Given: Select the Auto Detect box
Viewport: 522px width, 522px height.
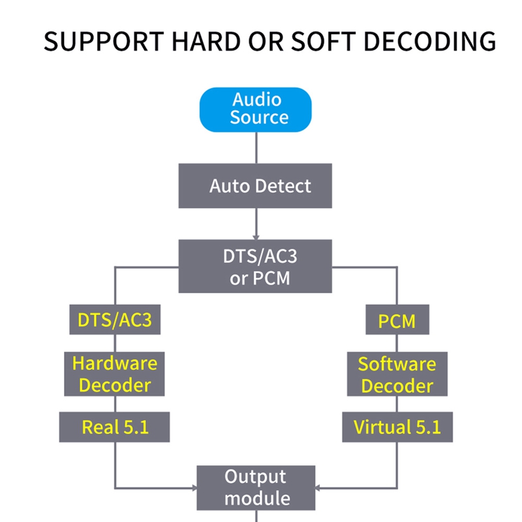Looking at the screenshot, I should click(256, 186).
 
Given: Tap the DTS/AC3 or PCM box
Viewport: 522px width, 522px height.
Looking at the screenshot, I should click(256, 266).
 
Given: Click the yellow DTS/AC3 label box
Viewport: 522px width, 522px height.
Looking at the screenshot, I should click(115, 320).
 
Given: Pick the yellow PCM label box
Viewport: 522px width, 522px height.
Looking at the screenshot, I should click(397, 320).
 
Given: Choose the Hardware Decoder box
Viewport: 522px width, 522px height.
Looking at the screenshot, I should click(114, 374).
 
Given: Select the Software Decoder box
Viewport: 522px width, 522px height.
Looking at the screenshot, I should click(397, 374).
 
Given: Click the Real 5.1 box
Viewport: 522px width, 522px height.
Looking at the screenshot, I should click(114, 427).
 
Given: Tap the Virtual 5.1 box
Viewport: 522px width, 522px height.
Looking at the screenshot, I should click(397, 427).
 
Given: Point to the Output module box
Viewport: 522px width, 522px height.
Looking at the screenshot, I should click(256, 487).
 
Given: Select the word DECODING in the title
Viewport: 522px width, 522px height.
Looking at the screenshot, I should click(429, 41).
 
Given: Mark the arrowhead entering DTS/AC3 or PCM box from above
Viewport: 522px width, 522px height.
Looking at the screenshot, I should click(256, 236).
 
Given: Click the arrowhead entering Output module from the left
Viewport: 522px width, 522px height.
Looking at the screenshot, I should click(194, 487).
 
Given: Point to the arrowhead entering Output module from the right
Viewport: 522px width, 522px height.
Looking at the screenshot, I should click(318, 487).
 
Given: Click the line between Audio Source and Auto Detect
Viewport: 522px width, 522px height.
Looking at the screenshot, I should click(256, 147).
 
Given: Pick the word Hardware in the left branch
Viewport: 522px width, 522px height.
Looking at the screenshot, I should click(115, 363).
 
